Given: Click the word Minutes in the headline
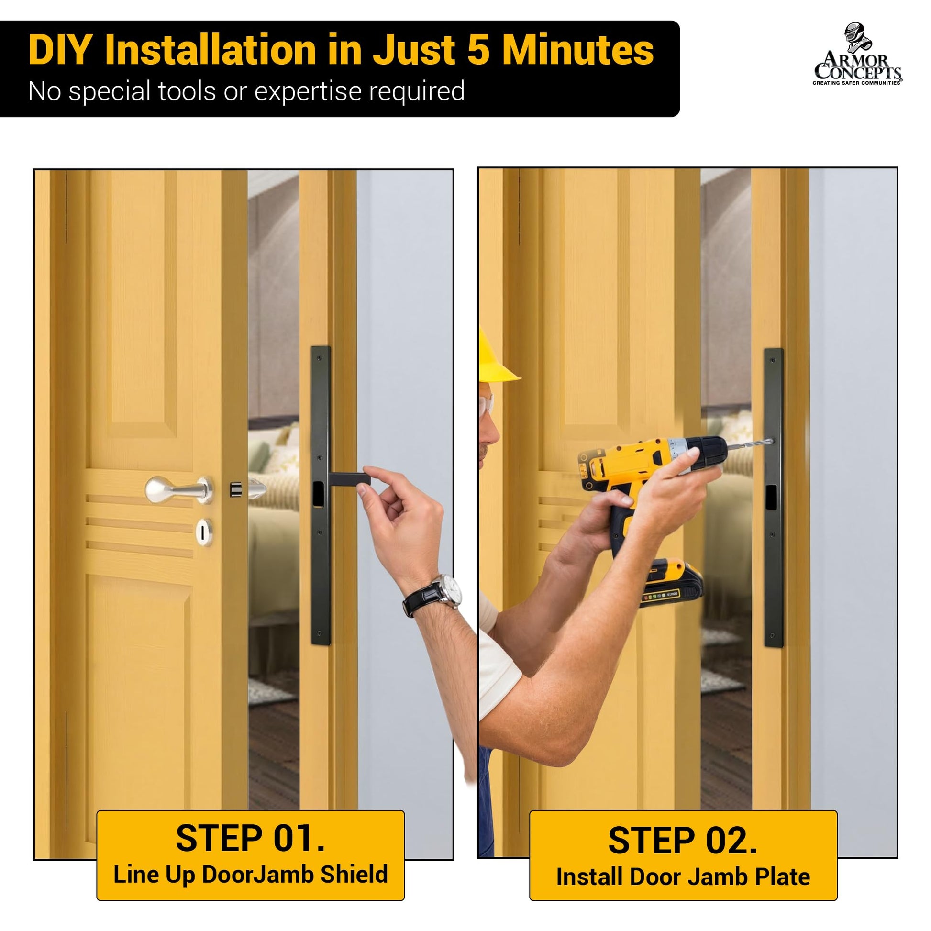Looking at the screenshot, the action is [578, 50].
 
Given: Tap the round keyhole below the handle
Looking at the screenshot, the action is [204, 532].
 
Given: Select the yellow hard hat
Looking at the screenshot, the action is [496, 356].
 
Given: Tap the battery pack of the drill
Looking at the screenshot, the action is [670, 583].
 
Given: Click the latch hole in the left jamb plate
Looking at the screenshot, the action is [318, 494].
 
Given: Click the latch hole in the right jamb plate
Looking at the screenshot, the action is [772, 497].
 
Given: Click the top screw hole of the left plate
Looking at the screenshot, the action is [320, 357].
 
